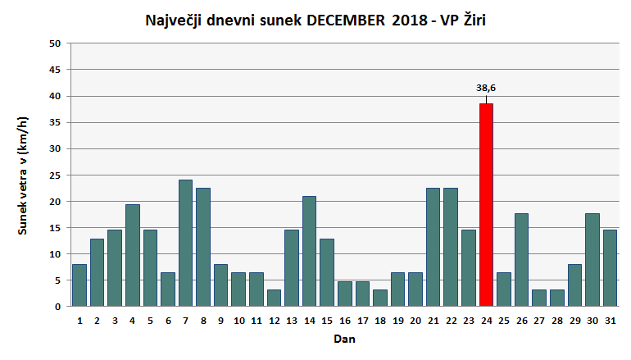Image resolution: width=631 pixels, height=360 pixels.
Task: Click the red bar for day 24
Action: pos(486,205)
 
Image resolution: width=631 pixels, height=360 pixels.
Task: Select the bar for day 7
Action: pos(185,243)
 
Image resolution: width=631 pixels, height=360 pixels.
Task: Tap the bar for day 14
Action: pos(309,251)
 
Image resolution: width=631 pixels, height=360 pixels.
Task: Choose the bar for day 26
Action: pos(521,259)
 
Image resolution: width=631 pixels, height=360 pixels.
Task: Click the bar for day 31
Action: pos(610,267)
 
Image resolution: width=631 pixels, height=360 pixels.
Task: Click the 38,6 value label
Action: pos(486,87)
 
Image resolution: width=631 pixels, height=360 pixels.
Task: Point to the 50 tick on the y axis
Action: pos(55,43)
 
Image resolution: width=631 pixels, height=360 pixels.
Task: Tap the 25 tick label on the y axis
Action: pos(55,175)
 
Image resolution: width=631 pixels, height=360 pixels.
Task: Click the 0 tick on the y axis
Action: pos(58,306)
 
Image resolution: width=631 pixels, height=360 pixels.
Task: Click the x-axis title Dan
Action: pos(344,338)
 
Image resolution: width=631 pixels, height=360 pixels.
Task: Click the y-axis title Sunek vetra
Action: pos(23,175)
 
